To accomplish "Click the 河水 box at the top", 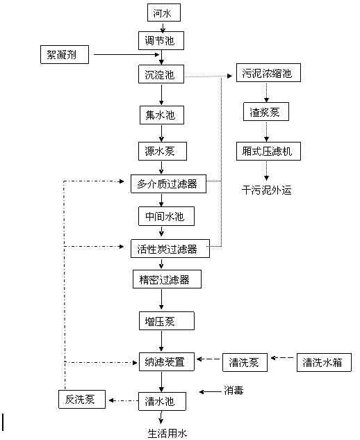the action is coord(164,13).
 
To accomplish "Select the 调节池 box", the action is coord(161,41).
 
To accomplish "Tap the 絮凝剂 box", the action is coord(65,54).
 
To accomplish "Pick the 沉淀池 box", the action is coord(161,74).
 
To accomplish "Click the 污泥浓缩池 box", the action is coord(268,73).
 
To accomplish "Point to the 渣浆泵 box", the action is coord(266,112).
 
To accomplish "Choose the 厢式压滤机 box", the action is coord(268,152).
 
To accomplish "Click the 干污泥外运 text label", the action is coord(267,190).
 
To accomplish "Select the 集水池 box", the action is coord(162,115).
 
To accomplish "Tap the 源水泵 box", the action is coord(163,152).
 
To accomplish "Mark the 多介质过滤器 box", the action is coord(168,184).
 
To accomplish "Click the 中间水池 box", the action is coord(166,216).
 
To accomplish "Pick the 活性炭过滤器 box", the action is coord(170,249).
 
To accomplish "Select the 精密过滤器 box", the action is coord(167,279).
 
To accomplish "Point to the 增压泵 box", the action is coord(167,320).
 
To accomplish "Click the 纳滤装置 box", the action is coord(167,361).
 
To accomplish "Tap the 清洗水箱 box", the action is coord(324,363).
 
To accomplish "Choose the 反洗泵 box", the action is coord(82,399).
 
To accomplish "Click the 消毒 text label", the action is coord(234,391).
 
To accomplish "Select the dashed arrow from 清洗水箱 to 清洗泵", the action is coord(282,358).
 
